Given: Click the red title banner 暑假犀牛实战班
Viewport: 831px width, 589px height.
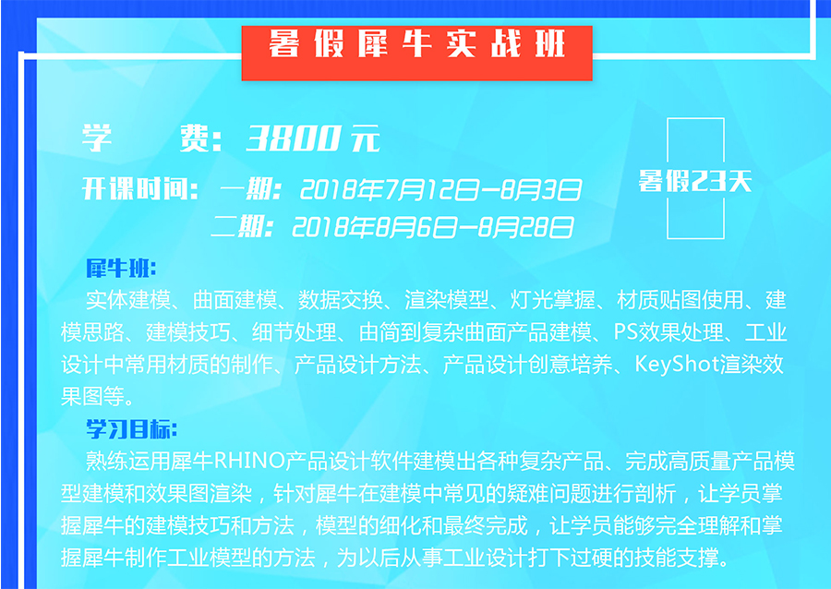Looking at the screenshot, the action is (x=416, y=53).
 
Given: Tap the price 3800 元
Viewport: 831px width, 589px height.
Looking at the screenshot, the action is (x=313, y=138).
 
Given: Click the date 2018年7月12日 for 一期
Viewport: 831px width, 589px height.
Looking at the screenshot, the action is (x=391, y=190).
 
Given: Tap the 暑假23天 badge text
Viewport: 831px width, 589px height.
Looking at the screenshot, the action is (x=695, y=181).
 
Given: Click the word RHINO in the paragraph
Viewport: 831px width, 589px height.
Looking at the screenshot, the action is (x=249, y=462).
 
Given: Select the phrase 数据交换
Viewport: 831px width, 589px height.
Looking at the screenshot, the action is (x=340, y=300).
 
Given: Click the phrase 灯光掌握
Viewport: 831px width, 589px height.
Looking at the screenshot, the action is (x=552, y=300).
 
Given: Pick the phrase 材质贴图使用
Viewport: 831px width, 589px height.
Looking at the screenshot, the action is (x=680, y=300).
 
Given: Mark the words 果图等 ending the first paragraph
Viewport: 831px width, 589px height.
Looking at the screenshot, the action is (x=92, y=396).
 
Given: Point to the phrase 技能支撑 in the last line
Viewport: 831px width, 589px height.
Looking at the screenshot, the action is (x=677, y=558).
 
